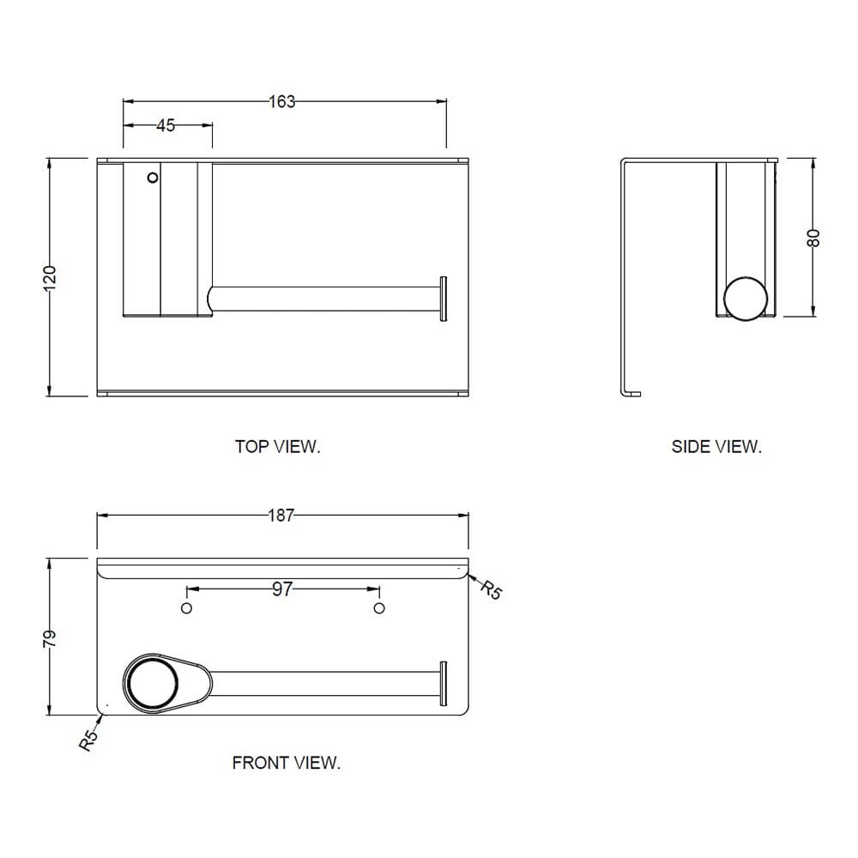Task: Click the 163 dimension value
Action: pos(281,102)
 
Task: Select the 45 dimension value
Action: pos(166,125)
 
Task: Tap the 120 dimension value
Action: pos(49,278)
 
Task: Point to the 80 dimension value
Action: pos(813,238)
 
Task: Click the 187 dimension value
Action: pos(281,516)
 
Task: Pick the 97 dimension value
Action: pos(282,589)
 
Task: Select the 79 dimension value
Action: pos(49,639)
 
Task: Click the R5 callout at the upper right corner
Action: pos(491,590)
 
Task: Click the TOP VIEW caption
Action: pos(277,447)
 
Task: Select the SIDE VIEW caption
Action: pos(716,447)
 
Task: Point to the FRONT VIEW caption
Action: pos(287,763)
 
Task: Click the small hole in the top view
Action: pos(154,178)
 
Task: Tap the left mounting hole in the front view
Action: pos(186,608)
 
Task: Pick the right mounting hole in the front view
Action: pos(379,608)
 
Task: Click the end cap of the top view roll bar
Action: pos(444,299)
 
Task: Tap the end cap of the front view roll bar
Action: pos(444,684)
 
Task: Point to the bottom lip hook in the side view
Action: pos(631,394)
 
